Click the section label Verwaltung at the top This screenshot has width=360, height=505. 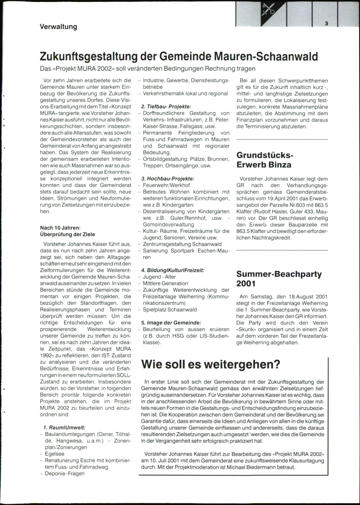pos(58,27)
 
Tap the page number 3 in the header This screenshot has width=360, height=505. pos(326,24)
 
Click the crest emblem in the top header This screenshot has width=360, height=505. pos(268,9)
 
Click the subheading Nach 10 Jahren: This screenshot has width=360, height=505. pos(60,228)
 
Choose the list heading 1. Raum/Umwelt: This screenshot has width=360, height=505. pos(64,427)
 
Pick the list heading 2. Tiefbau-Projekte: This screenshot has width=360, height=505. pos(166,106)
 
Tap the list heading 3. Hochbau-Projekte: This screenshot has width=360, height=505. pos(168,178)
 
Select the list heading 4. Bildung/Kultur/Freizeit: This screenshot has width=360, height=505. pos(172,270)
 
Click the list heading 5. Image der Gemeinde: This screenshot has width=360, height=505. pos(171,323)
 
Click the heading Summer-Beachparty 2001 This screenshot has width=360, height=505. pos(279,279)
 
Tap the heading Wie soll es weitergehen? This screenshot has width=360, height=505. pos(211,364)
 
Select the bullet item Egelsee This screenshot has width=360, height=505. pos(55,454)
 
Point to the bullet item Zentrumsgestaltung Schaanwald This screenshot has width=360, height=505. pos(182,244)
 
